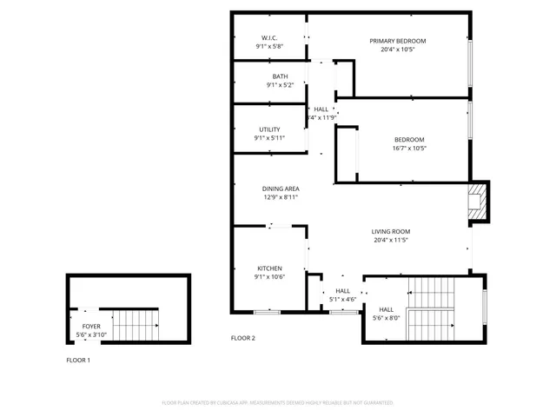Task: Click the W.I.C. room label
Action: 268,38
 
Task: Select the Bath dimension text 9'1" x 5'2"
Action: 268,85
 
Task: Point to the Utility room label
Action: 268,129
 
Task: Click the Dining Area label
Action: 281,189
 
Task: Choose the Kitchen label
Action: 268,268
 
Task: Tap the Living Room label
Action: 390,231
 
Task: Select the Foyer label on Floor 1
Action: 91,327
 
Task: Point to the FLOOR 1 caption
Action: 78,360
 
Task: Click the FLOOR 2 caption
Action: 242,337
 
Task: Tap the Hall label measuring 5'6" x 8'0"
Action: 386,309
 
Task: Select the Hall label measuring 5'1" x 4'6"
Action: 342,291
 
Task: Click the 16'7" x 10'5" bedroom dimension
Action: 409,149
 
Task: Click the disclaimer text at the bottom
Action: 278,403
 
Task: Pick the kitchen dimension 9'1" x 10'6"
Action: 268,277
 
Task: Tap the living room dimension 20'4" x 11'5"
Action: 390,240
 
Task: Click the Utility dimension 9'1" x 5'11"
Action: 268,138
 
